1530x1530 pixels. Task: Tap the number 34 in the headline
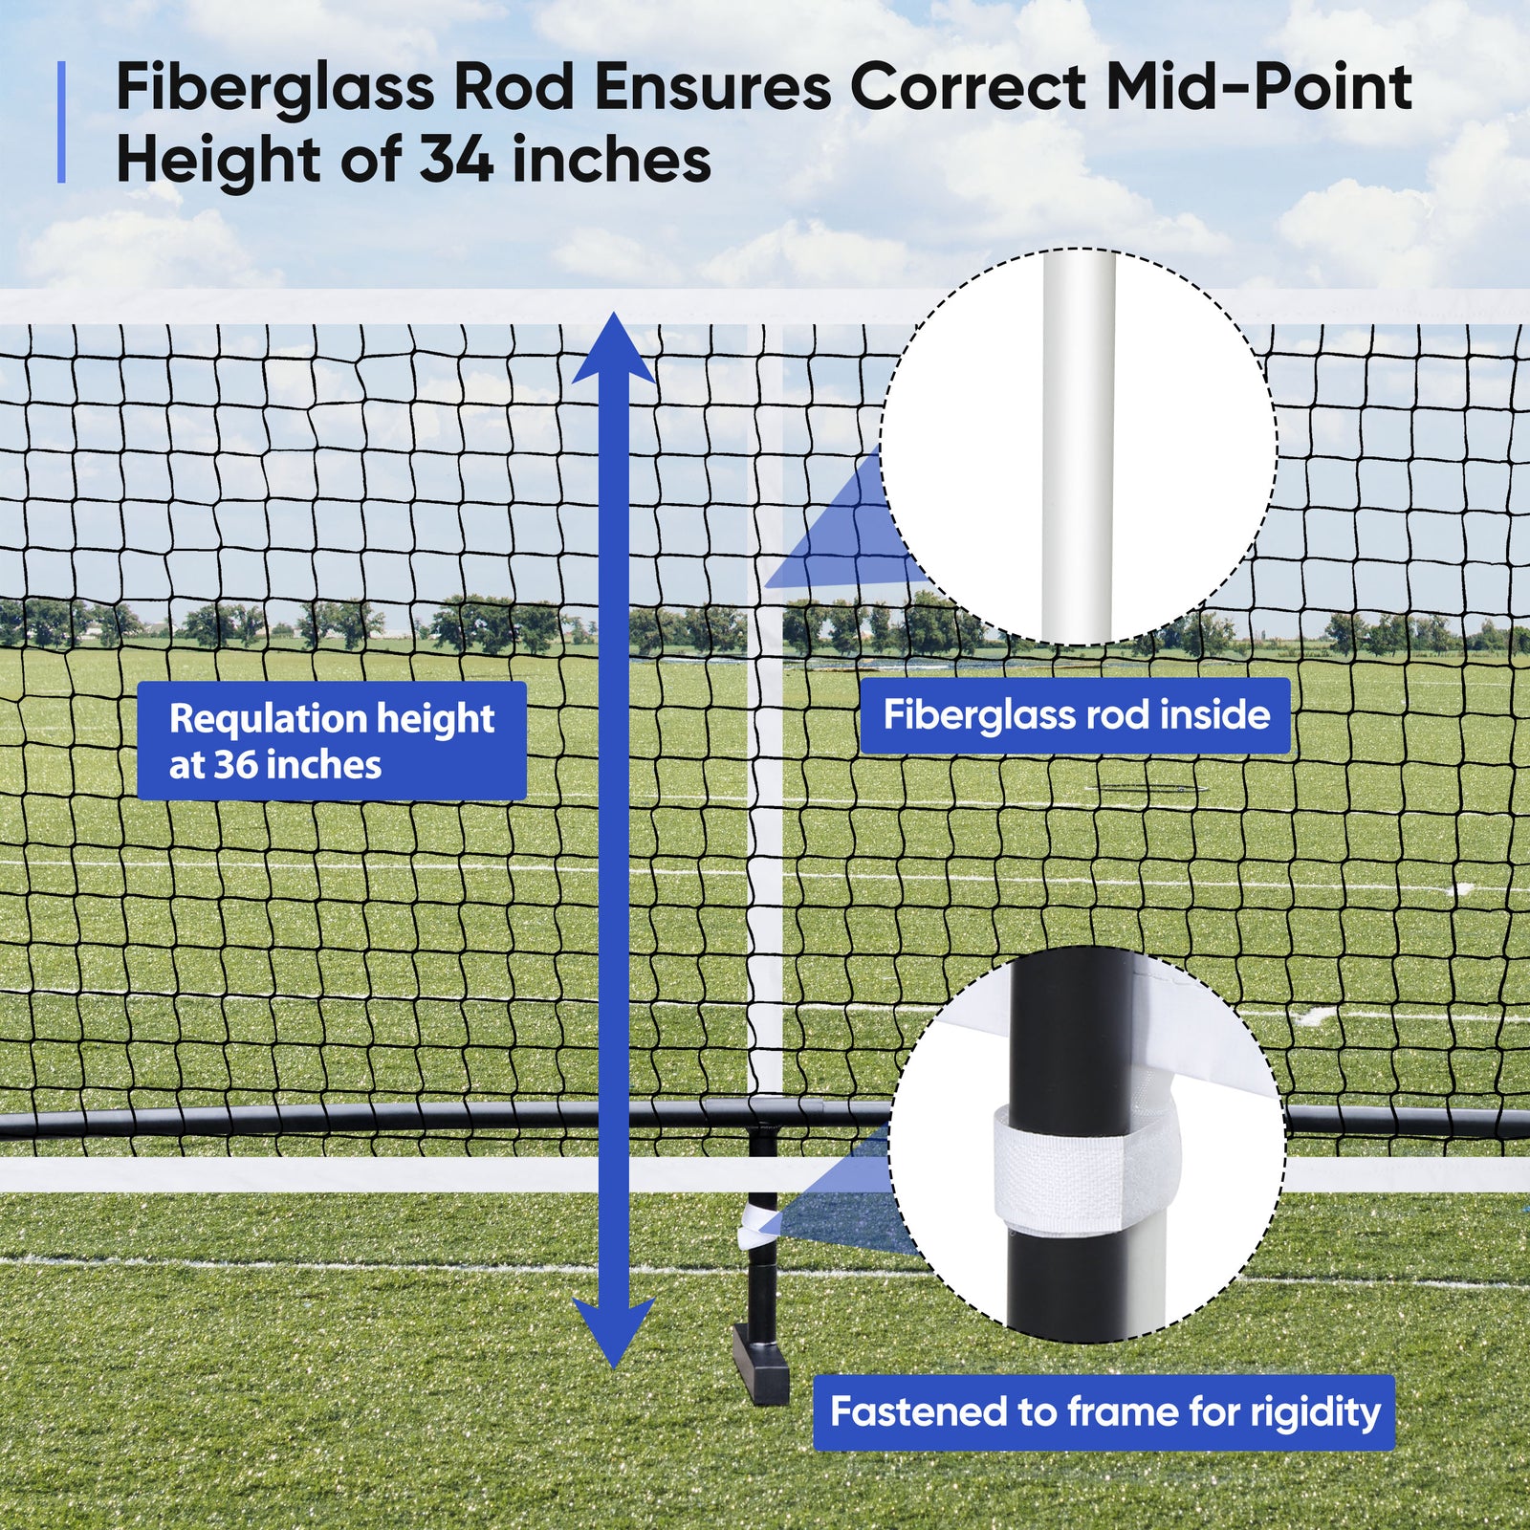pos(456,160)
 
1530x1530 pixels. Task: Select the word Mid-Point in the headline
pos(1258,88)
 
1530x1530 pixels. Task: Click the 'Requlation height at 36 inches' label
pos(332,741)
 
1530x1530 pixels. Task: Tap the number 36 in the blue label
pos(235,765)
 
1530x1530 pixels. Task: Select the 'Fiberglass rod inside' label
pos(1075,715)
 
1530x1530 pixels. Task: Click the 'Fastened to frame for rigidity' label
pos(1104,1412)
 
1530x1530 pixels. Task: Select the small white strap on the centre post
pos(754,1227)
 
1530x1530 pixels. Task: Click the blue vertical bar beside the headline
pos(61,122)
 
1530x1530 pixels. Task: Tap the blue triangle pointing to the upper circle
pos(841,535)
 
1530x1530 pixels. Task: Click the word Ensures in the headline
pos(712,88)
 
